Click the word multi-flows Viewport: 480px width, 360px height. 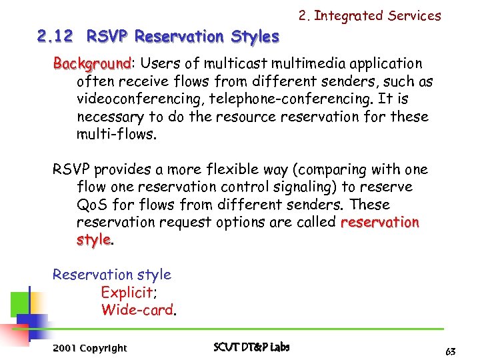click(115, 134)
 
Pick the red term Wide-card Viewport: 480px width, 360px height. click(137, 309)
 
